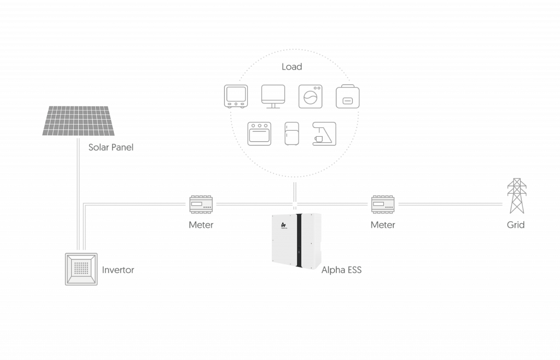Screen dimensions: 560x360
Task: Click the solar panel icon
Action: (78, 121)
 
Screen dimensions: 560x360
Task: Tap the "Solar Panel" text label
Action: (110, 147)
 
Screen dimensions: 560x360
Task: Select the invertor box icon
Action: (81, 269)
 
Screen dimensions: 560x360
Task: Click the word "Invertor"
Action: (118, 270)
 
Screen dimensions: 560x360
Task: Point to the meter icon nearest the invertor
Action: (201, 204)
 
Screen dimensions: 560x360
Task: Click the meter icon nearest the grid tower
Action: (383, 204)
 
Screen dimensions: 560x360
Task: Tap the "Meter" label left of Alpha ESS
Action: (201, 225)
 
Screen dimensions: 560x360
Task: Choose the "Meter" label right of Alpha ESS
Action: (383, 225)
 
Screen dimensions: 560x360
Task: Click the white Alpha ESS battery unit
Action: (296, 241)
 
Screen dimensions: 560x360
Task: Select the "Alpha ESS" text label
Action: (341, 270)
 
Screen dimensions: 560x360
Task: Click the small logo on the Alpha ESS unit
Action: (284, 225)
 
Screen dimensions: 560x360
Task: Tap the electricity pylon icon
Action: (517, 196)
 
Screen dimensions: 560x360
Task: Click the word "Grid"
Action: (516, 225)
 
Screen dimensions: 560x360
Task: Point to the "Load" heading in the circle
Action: (292, 67)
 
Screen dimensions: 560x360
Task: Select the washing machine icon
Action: (311, 96)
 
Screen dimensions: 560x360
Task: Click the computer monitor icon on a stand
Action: (273, 96)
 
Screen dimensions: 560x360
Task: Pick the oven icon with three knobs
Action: (259, 133)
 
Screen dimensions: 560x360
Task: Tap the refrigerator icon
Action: (292, 133)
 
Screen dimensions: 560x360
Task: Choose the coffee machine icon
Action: (324, 133)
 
